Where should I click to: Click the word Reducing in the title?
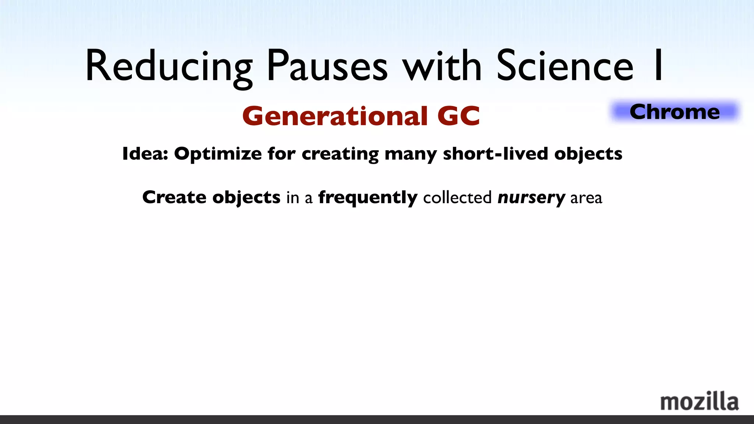click(x=169, y=66)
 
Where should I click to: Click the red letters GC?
click(x=459, y=116)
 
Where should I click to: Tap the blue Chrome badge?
click(x=674, y=112)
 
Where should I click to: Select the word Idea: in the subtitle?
click(x=145, y=153)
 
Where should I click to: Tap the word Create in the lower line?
click(x=174, y=197)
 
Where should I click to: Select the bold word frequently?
click(x=368, y=198)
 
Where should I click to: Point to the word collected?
click(x=457, y=198)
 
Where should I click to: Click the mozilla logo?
click(x=699, y=401)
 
